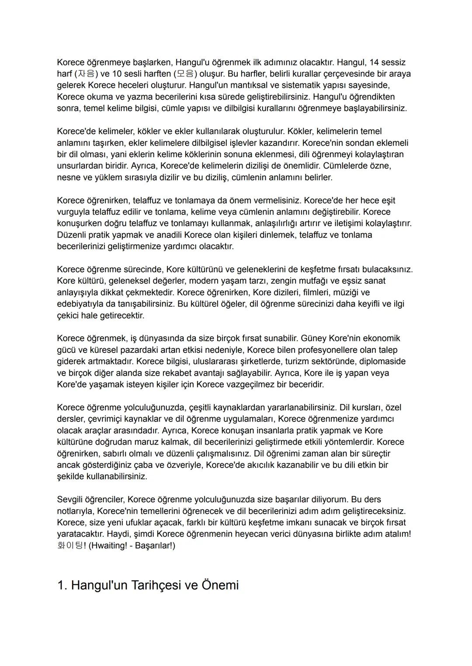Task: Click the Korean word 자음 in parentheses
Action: coord(87,74)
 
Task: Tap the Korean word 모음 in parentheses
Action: coord(185,74)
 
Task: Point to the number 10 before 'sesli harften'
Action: coord(117,74)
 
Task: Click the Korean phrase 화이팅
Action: coord(70,545)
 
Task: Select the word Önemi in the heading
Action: coord(220,585)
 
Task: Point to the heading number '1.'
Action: coord(62,585)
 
